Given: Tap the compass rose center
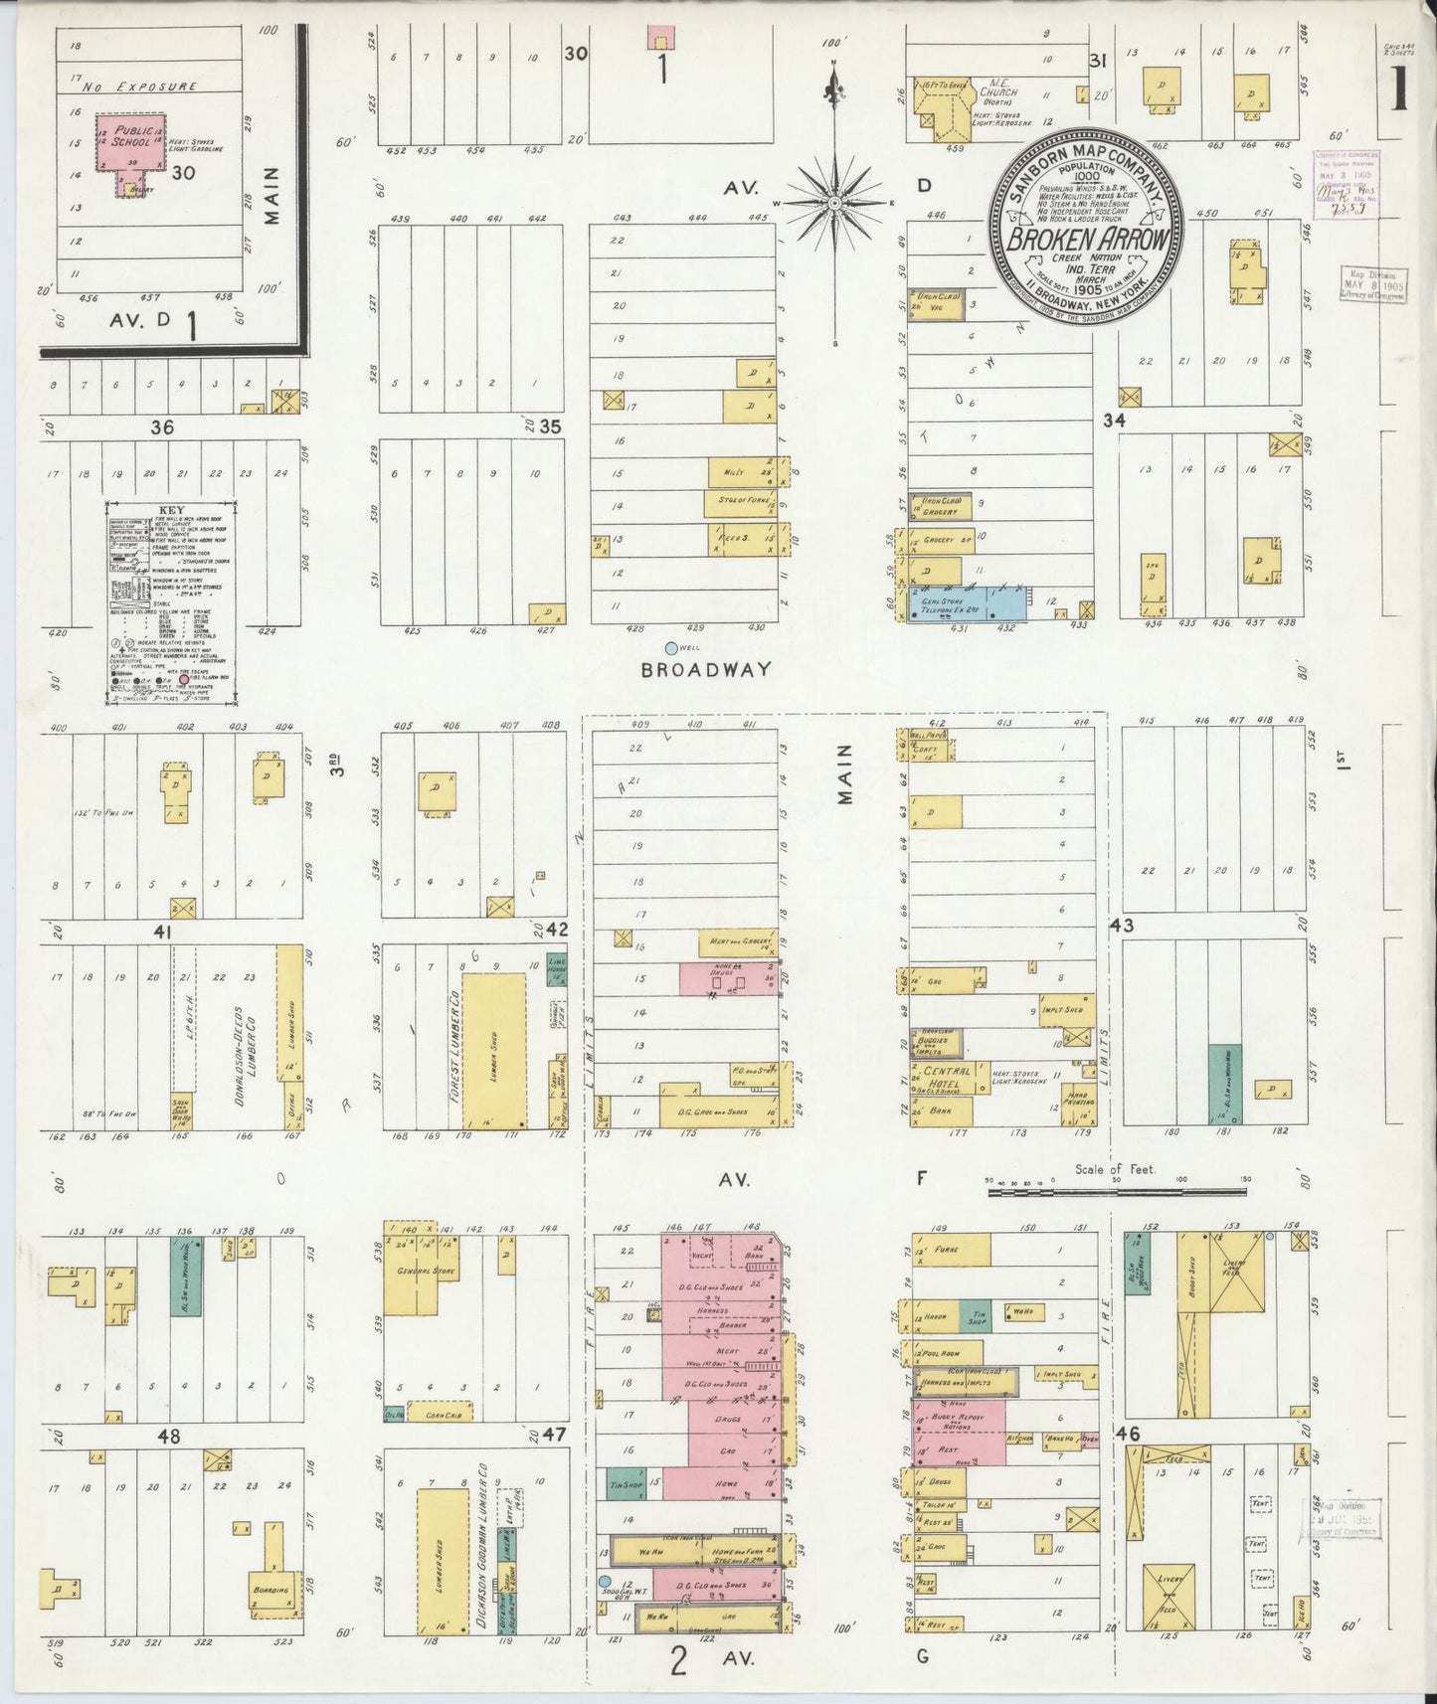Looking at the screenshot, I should pos(835,203).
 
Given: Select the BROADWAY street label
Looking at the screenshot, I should pos(705,669).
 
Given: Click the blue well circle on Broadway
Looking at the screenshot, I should pos(670,648).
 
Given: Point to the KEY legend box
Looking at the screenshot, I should pos(171,602).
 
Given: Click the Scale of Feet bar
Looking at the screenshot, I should pos(1114,1190).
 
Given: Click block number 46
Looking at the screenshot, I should pos(1127,1434).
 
